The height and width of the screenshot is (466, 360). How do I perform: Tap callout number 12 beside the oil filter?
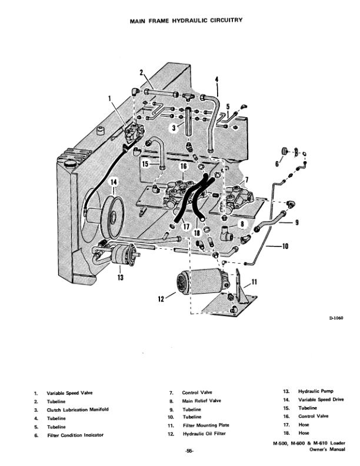click(x=161, y=299)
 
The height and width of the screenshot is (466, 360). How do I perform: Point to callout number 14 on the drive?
click(x=114, y=181)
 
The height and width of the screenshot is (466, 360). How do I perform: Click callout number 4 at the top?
click(x=216, y=79)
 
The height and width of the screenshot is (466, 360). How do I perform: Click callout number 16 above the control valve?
click(x=184, y=167)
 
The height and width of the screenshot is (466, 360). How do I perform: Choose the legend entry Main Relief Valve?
click(x=201, y=400)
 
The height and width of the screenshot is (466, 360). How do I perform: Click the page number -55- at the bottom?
click(x=189, y=451)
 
